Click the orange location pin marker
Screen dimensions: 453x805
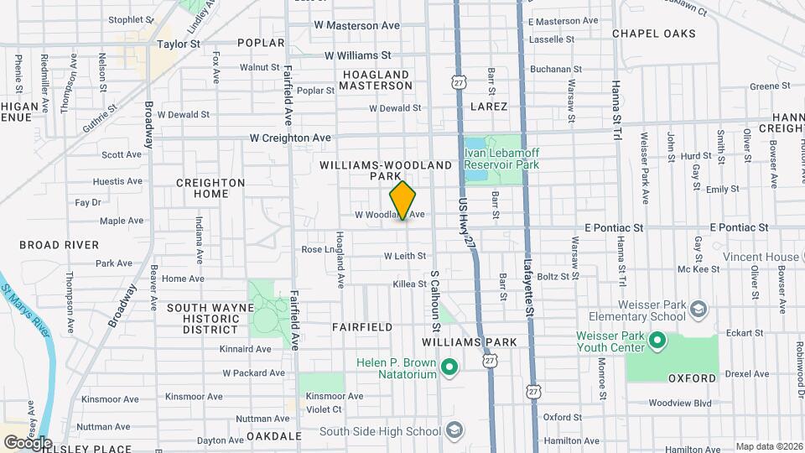pyautogui.click(x=403, y=200)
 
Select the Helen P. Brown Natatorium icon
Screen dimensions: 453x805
pyautogui.click(x=449, y=367)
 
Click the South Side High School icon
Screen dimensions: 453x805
pyautogui.click(x=454, y=431)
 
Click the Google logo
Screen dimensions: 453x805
pyautogui.click(x=27, y=442)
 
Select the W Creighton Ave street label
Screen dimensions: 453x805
pyautogui.click(x=290, y=138)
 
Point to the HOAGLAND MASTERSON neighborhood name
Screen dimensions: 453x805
pyautogui.click(x=376, y=81)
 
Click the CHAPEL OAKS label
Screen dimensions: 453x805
pyautogui.click(x=653, y=34)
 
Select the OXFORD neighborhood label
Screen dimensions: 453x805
pyautogui.click(x=693, y=378)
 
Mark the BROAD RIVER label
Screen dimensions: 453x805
pyautogui.click(x=59, y=245)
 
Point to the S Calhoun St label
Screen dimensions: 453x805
pyautogui.click(x=435, y=298)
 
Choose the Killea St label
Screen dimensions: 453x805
pyautogui.click(x=410, y=284)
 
